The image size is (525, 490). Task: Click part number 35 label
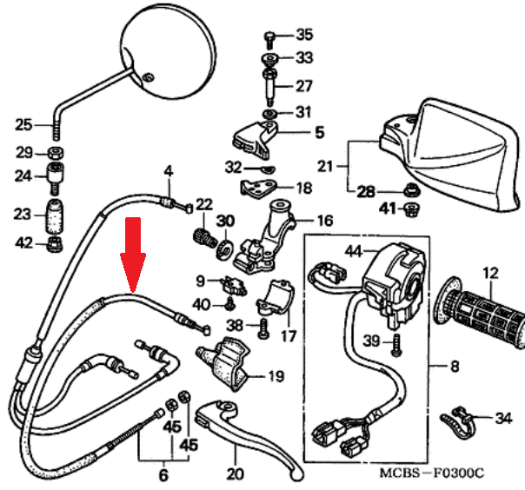pos(303,36)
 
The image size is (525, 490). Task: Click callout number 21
pos(325,165)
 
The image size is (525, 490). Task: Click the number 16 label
pos(323,221)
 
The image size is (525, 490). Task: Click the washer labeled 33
pos(270,59)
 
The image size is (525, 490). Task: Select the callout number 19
pos(276,376)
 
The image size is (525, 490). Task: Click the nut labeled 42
pos(53,242)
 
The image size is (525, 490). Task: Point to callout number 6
pos(162,476)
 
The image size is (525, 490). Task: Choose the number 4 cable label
pos(169,169)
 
